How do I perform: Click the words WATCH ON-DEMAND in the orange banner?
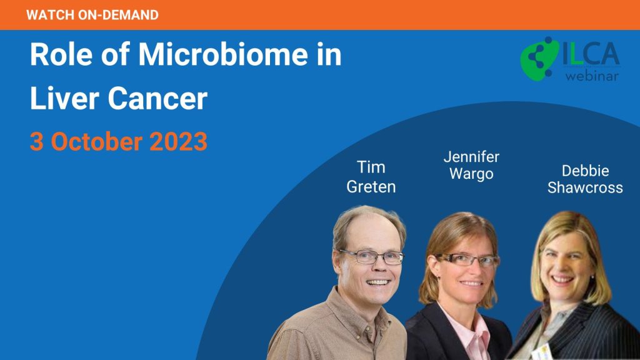coord(92,15)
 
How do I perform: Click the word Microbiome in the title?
coord(223,54)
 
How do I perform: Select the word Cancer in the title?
coord(157,98)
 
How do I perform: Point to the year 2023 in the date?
coord(178,142)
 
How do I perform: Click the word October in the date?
coord(96,142)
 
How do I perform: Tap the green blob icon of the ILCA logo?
coord(539,58)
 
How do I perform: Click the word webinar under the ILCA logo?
coord(592,76)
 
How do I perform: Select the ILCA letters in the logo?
coord(591,54)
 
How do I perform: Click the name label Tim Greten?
coord(371,177)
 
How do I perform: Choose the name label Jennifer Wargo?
coord(471,165)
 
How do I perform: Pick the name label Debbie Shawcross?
coord(585,179)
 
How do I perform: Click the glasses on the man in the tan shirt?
coord(371,257)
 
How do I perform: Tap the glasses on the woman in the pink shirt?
coord(467,260)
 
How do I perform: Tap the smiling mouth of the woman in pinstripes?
coord(562,280)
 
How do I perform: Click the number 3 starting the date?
coord(37,142)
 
